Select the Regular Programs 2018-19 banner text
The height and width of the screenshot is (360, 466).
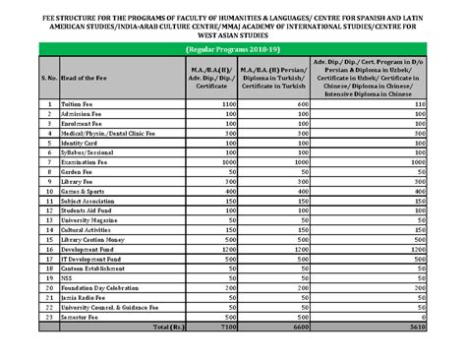[232, 47]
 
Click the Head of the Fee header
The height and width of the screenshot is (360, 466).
[86, 76]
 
